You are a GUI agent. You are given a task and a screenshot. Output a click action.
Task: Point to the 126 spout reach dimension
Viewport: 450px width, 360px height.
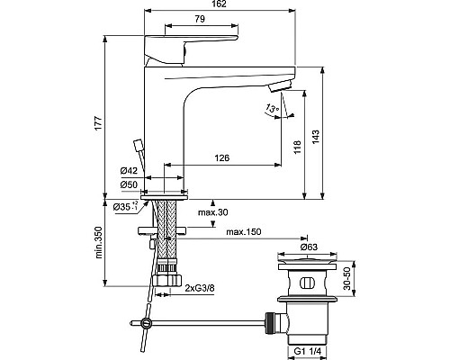(220, 157)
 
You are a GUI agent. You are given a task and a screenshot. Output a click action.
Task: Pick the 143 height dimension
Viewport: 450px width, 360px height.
(316, 133)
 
